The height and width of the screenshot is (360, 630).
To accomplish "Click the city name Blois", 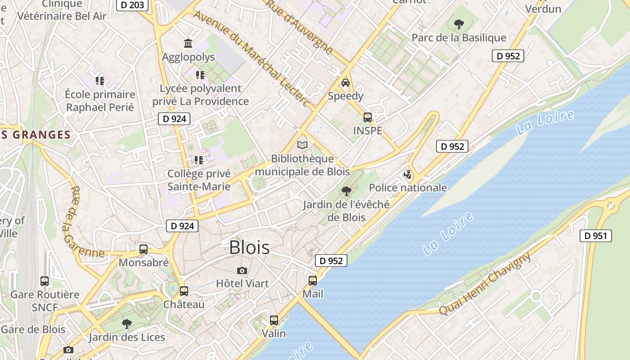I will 249,247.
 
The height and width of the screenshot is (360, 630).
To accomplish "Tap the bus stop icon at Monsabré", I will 144,249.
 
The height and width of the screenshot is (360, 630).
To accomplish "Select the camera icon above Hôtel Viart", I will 242,270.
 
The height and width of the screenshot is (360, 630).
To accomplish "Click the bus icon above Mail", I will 313,281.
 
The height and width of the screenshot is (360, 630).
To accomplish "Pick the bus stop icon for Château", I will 184,291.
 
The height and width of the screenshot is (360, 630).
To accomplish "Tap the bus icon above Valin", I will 274,320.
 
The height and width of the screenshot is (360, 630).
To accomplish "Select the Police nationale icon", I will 408,175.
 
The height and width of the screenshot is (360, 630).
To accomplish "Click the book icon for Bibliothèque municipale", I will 303,145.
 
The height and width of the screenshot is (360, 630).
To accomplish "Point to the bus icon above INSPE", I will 368,117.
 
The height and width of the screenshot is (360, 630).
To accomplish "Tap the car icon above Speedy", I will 346,83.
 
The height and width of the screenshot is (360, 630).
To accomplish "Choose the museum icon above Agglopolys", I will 188,44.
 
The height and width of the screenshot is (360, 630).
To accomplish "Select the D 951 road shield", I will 596,235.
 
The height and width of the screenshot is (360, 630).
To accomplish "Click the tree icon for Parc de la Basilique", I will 459,24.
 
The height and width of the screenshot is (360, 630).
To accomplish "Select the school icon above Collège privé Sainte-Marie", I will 198,160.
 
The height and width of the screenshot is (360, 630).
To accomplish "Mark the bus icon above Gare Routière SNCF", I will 45,281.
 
